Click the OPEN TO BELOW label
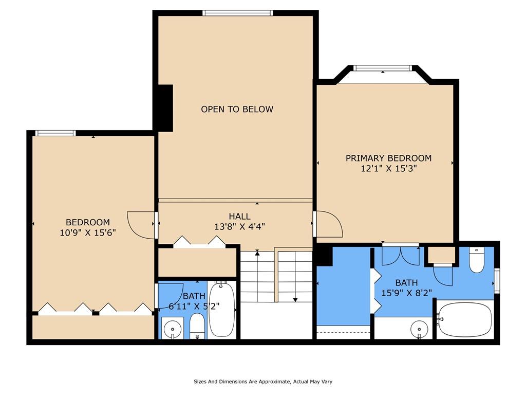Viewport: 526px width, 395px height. [237, 109]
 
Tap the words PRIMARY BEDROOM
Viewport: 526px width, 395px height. [389, 158]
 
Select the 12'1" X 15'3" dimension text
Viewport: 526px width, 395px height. [389, 169]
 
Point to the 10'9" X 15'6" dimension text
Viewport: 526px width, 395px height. [88, 232]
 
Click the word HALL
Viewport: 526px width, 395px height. [239, 217]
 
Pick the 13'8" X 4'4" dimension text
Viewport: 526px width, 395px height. [239, 227]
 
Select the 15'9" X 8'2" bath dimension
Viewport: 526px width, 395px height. [407, 293]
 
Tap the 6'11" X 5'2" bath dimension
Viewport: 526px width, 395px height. [194, 307]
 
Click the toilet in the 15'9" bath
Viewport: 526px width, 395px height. [476, 260]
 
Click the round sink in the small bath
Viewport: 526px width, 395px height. [173, 328]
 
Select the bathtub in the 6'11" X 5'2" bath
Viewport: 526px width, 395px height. [222, 309]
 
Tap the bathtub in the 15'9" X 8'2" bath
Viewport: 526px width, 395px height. [465, 319]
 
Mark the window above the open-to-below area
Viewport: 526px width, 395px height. [237, 13]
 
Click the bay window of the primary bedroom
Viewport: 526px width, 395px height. [383, 68]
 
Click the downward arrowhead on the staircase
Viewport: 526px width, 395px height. [295, 300]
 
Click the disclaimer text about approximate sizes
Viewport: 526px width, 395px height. [263, 382]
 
